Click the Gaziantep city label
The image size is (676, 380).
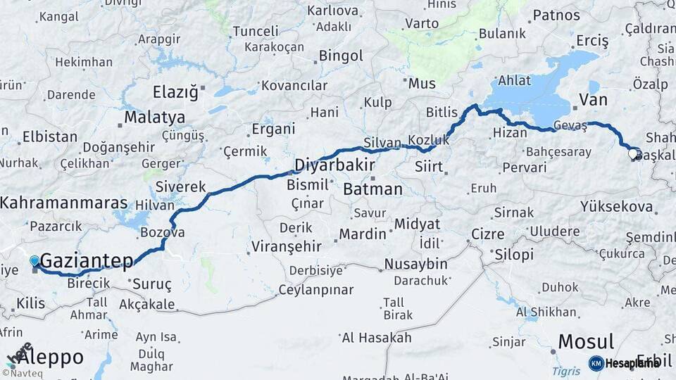(x=87, y=262)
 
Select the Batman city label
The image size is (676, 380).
(x=373, y=189)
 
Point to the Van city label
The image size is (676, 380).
(x=592, y=99)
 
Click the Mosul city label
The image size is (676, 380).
(x=585, y=342)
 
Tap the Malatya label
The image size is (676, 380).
(x=155, y=117)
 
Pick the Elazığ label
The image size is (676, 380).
(x=175, y=91)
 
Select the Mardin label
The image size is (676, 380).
(x=363, y=234)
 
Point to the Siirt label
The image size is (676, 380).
(x=429, y=167)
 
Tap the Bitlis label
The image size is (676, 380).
(x=442, y=112)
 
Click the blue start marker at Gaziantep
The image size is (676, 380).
(x=35, y=261)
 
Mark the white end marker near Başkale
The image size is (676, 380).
(x=633, y=153)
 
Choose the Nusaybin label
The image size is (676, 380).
(x=415, y=265)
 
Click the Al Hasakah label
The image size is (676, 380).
(x=376, y=338)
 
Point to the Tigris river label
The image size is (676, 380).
(x=565, y=371)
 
